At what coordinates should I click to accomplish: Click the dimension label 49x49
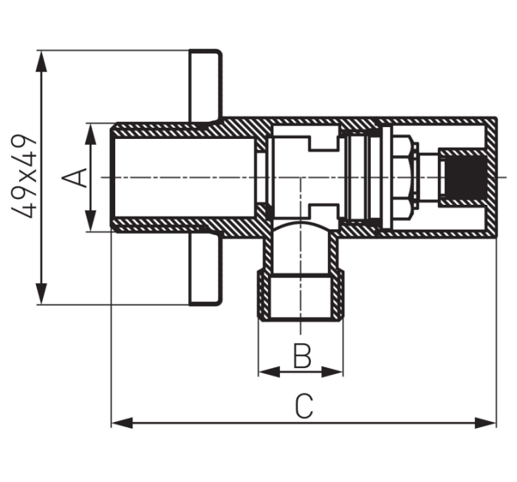point(23,176)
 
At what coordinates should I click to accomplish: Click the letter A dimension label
point(74,178)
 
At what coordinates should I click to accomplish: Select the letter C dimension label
point(304,406)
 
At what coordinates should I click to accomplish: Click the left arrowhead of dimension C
point(122,423)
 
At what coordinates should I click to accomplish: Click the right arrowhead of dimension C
point(485,423)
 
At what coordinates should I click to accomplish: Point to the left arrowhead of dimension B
point(269,372)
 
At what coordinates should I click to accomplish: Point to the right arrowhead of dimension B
point(332,372)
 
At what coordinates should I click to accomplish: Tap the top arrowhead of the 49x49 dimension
point(41,61)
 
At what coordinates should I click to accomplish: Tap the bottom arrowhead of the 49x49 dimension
point(41,293)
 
